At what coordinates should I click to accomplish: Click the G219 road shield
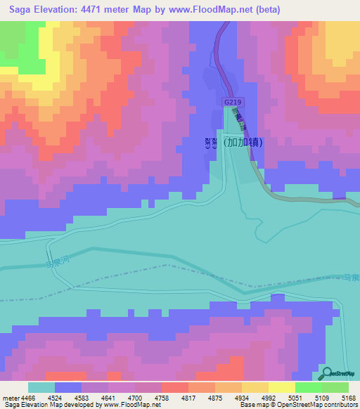tap(231, 102)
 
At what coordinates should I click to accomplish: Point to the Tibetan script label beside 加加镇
tap(209, 142)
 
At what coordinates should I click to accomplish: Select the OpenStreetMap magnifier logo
tap(326, 373)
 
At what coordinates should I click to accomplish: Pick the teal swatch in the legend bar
tap(41, 387)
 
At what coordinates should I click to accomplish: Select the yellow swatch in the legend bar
tap(255, 387)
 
